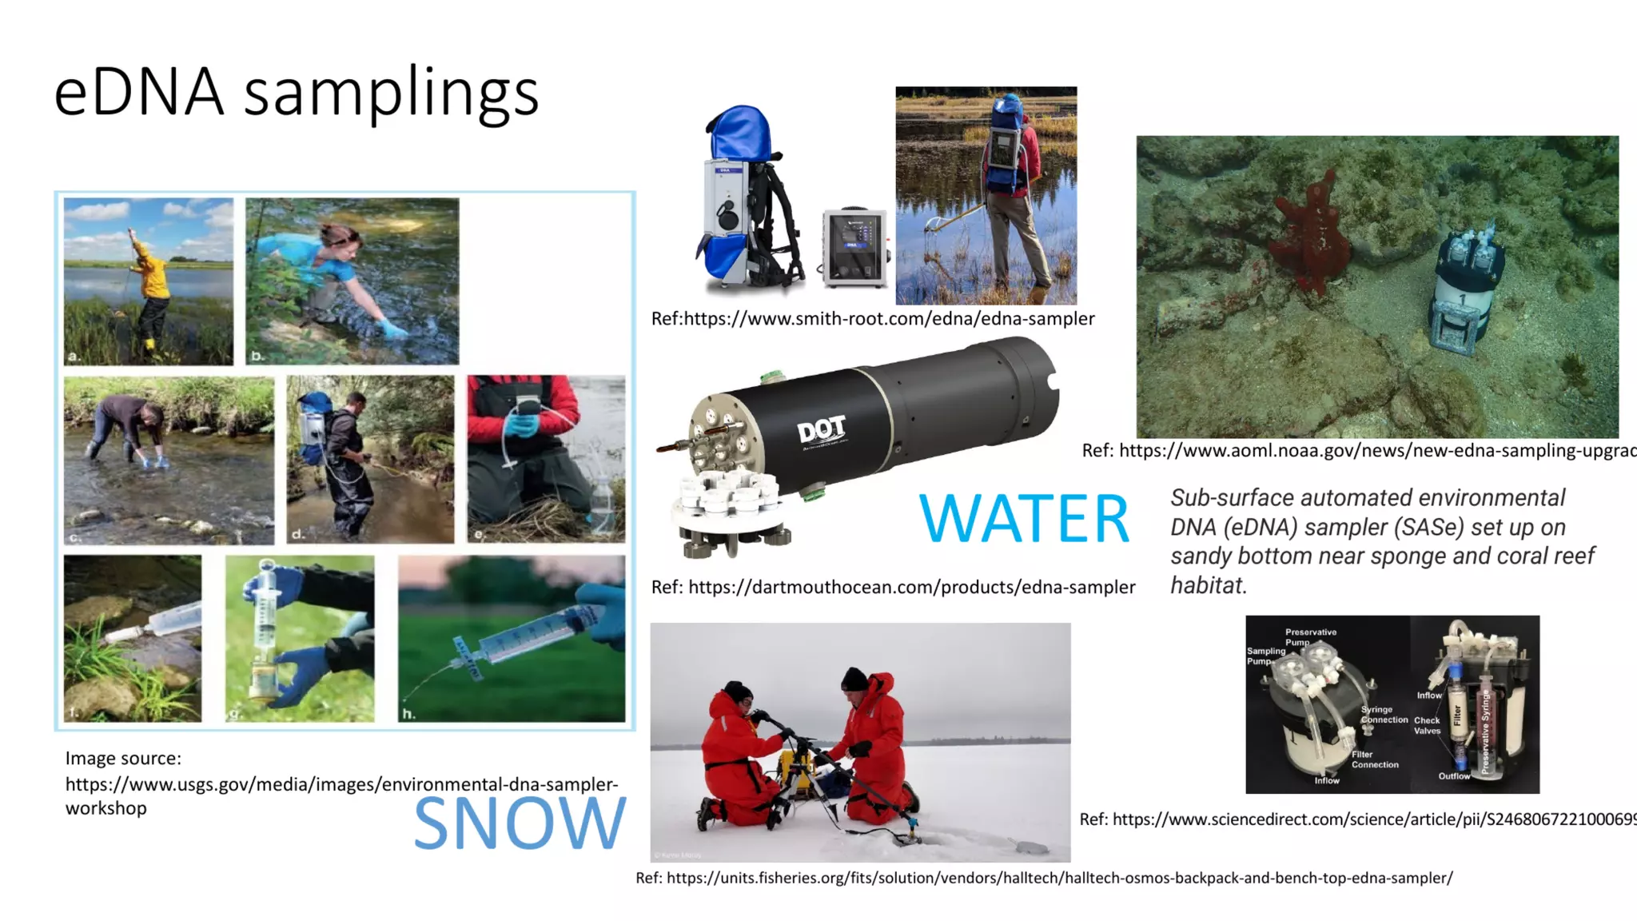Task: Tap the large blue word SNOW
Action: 520,823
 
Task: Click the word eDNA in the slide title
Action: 138,93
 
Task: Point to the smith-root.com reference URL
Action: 873,319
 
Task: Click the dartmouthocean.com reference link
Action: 893,588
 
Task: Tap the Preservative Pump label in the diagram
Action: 1310,636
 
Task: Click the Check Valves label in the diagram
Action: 1427,725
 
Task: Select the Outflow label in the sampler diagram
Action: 1453,776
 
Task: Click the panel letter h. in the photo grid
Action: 408,713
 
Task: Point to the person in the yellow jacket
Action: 151,288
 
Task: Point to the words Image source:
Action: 123,758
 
